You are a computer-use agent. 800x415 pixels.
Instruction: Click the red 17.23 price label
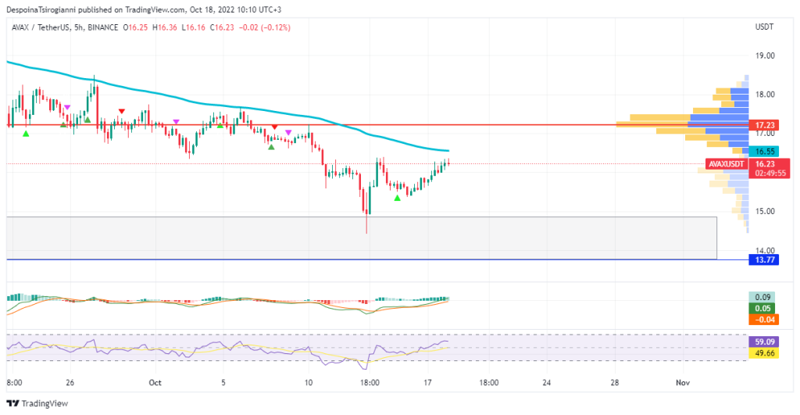(x=765, y=125)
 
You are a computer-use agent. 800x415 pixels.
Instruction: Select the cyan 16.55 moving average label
(x=765, y=151)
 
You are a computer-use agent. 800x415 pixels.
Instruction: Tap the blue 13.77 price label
(x=765, y=259)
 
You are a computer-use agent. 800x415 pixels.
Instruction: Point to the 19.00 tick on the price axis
(x=765, y=56)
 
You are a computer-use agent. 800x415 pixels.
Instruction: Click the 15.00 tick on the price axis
(x=765, y=211)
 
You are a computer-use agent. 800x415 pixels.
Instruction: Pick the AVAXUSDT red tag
(x=725, y=164)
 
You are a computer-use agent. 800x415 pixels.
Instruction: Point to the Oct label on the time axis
(x=154, y=383)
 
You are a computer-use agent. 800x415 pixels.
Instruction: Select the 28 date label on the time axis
(x=616, y=383)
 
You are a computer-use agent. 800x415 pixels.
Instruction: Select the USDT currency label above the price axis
(x=763, y=27)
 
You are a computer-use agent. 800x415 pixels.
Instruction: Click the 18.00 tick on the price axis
(x=765, y=95)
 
